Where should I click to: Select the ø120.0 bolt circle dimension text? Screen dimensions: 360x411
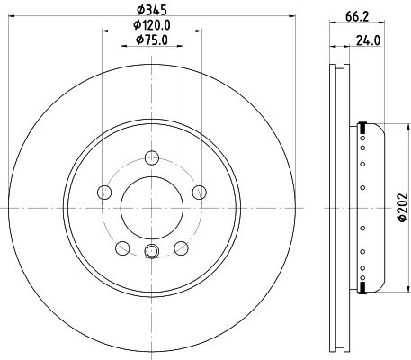click(151, 25)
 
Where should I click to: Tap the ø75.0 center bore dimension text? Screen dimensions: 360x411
click(151, 40)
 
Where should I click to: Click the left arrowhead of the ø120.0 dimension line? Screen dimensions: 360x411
click(106, 31)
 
